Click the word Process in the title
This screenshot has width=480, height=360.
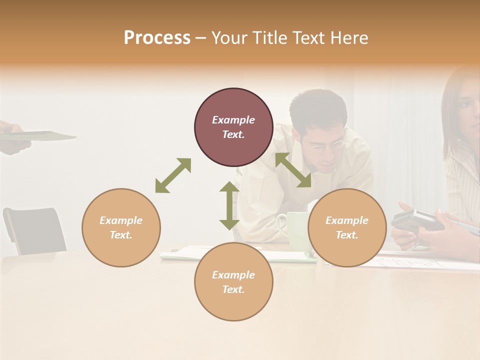coord(157,38)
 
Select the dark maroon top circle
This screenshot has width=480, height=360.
coord(233,127)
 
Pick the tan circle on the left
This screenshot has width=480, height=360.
coord(121,227)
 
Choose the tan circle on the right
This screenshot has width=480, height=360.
coord(347,227)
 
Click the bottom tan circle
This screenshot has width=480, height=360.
coord(233,282)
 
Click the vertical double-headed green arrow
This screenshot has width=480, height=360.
coord(229,205)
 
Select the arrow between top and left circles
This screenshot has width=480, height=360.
coord(173,175)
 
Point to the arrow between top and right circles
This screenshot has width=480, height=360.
coord(293,170)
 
